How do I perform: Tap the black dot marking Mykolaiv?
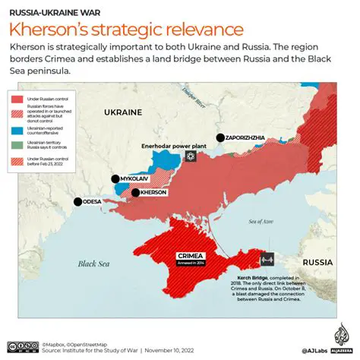click(x=115, y=179)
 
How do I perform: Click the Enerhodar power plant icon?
click(x=190, y=156)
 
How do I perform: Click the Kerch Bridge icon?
click(x=267, y=259)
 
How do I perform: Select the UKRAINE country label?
click(x=122, y=112)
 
